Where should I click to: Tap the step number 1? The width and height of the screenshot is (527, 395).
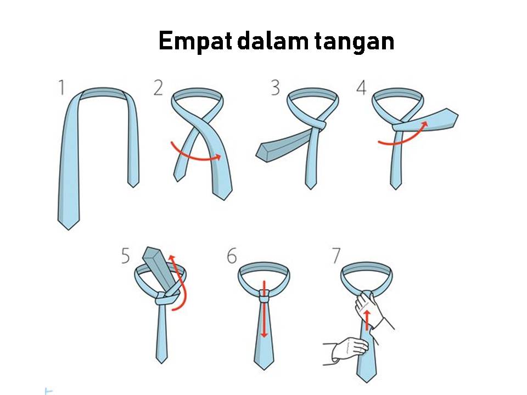[x=61, y=88]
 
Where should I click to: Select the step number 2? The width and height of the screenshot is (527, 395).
[x=158, y=88]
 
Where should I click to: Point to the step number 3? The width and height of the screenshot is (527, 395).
[x=274, y=88]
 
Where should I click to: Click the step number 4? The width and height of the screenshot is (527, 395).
[x=361, y=88]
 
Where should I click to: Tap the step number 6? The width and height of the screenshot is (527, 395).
[x=231, y=256]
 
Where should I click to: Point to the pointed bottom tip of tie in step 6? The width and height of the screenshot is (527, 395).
[x=264, y=363]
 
